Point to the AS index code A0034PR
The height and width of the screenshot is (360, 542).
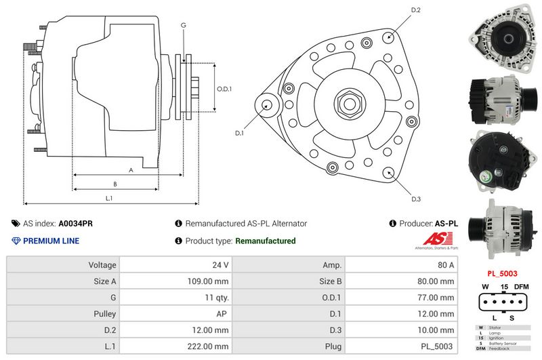[76, 223]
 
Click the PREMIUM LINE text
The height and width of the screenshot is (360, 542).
[51, 241]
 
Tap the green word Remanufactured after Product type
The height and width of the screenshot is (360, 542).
[265, 241]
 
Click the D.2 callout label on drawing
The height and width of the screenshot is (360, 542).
[416, 10]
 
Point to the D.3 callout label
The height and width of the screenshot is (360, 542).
[416, 199]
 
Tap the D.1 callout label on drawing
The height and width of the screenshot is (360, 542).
[239, 134]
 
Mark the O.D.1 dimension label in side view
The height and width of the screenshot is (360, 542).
[224, 89]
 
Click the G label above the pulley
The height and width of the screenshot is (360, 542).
[183, 25]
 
